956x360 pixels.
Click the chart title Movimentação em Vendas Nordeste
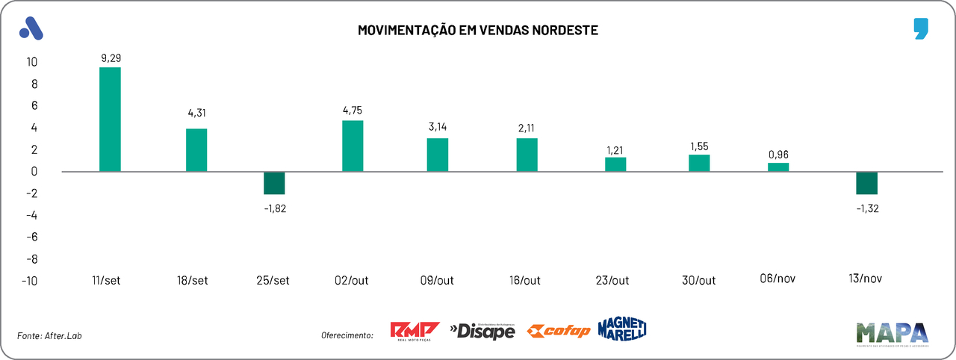click(x=478, y=31)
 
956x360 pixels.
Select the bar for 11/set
click(x=110, y=120)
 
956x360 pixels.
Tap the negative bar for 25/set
click(x=274, y=183)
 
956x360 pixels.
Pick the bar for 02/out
click(x=353, y=146)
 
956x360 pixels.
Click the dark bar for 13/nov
click(x=866, y=183)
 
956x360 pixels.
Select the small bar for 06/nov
click(x=778, y=167)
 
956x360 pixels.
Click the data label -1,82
click(x=274, y=208)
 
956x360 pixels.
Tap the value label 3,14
click(x=437, y=126)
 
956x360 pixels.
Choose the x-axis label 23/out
click(x=612, y=281)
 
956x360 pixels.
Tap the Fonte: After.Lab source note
click(x=49, y=335)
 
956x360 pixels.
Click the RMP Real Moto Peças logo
click(x=415, y=331)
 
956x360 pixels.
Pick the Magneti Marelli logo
click(x=621, y=328)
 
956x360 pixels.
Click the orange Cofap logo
click(x=558, y=331)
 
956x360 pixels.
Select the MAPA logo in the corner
click(x=892, y=334)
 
